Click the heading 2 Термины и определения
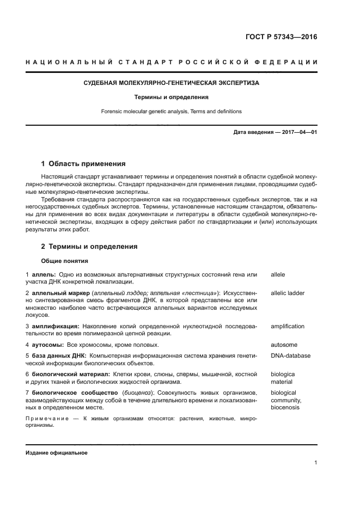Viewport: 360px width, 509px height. tap(89, 247)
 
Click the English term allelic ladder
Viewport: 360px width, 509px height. tap(288, 293)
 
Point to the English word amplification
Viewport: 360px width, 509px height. tap(288, 327)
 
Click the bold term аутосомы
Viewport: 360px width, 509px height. tap(47, 345)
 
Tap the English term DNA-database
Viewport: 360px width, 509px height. tap(290, 355)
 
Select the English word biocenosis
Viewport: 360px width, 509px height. tap(285, 407)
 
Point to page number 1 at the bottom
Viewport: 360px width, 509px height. tap(315, 463)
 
